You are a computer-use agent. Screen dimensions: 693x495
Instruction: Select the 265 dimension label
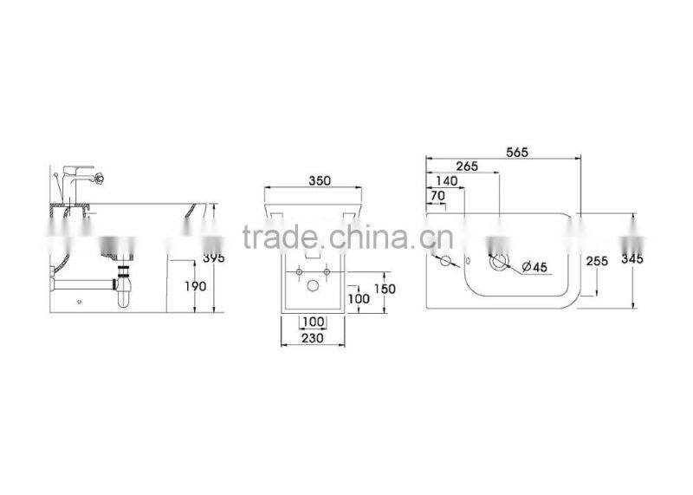pyautogui.click(x=467, y=166)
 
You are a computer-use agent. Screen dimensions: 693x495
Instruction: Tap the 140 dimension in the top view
pyautogui.click(x=448, y=181)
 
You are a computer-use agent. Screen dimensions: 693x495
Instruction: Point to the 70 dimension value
pyautogui.click(x=437, y=196)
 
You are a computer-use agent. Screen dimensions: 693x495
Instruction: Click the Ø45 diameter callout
pyautogui.click(x=534, y=268)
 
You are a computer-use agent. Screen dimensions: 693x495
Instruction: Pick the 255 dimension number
pyautogui.click(x=595, y=260)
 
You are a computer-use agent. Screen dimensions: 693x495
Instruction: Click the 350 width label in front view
pyautogui.click(x=320, y=181)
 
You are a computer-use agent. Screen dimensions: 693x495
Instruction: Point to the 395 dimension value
pyautogui.click(x=213, y=259)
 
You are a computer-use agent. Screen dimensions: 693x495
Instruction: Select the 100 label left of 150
pyautogui.click(x=358, y=299)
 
